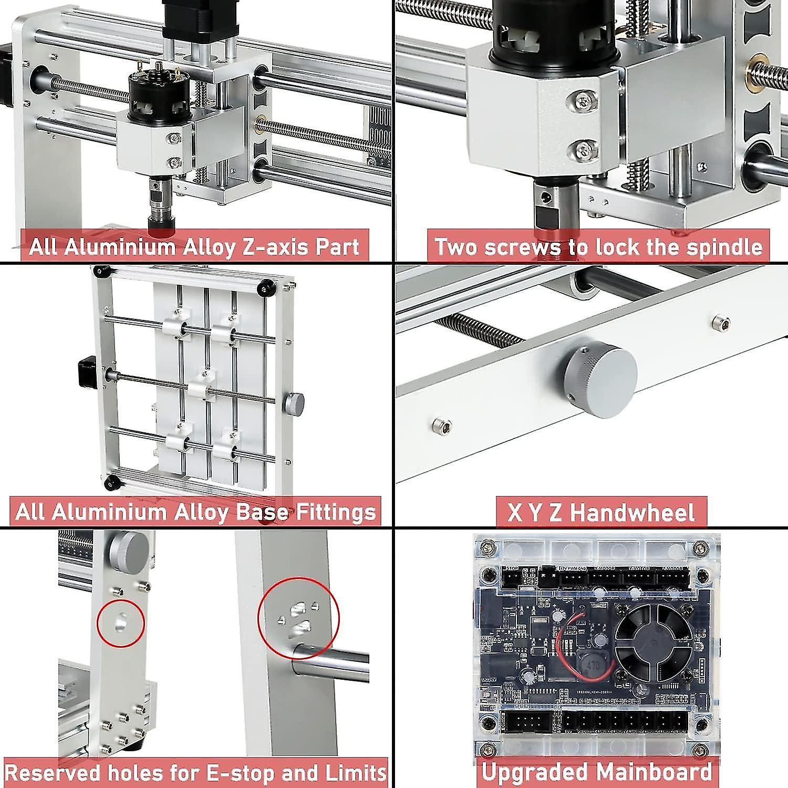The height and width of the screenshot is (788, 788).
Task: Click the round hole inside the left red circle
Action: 121,622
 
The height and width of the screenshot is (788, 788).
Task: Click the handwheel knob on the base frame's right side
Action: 294,404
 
